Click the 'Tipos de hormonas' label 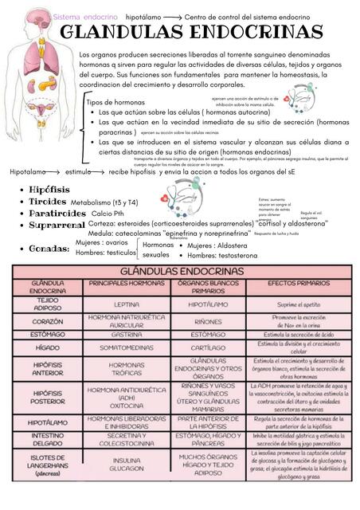[x=115, y=103]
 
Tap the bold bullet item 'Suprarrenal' [x=57, y=226]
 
